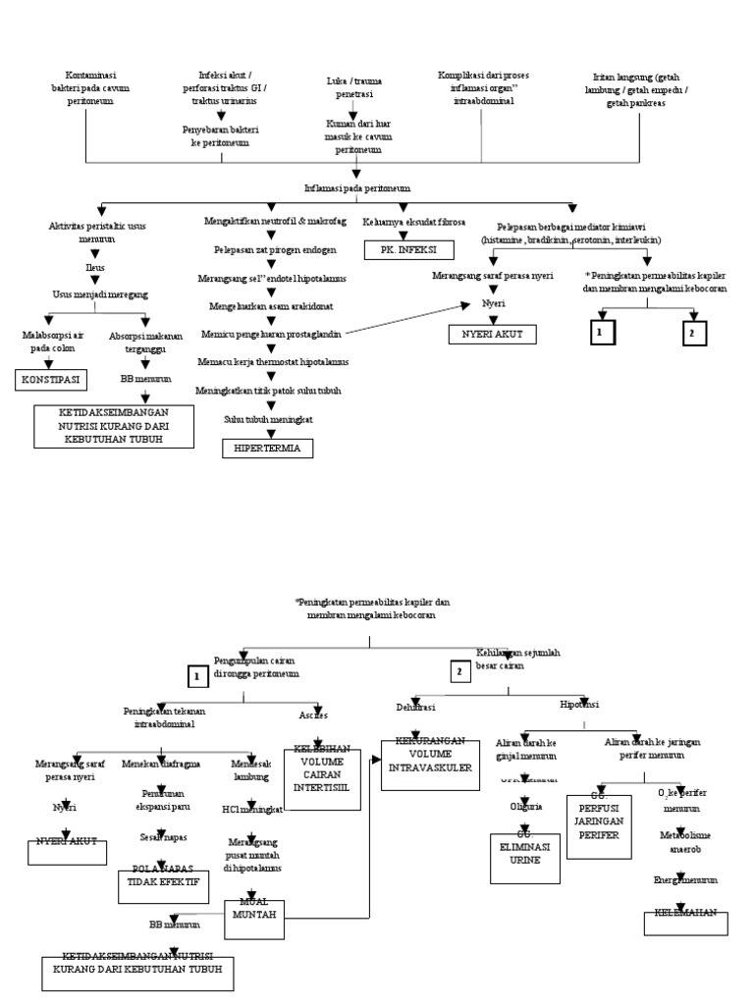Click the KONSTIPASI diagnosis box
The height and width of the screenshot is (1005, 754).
pos(51,379)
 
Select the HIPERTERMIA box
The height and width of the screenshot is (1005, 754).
pos(267,449)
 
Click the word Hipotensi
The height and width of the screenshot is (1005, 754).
pos(579,705)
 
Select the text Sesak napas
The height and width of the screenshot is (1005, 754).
pos(163,836)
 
